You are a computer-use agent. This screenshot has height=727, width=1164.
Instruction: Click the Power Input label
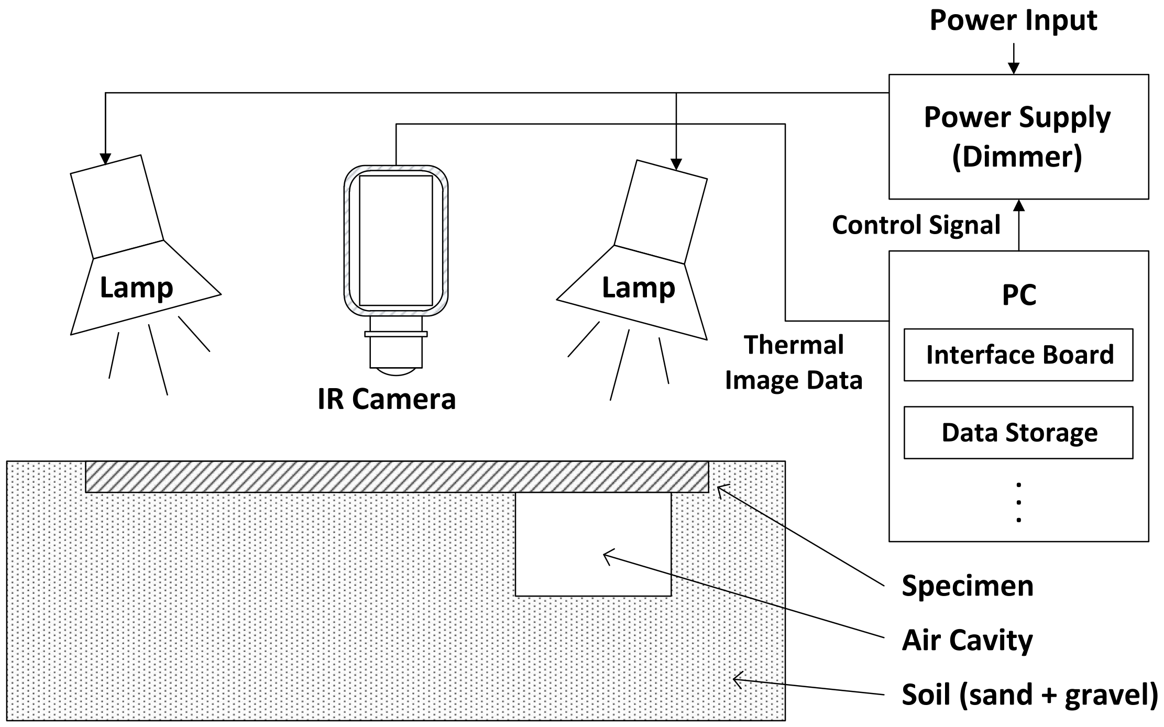(1013, 21)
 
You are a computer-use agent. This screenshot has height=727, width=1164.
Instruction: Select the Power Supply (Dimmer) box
(1018, 136)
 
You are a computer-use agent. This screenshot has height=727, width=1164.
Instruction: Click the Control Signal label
(916, 225)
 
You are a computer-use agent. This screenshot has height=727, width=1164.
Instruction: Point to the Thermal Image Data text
(794, 362)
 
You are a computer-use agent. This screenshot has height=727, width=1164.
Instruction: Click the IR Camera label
(387, 399)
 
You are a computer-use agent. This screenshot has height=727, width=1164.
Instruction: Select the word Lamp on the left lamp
(136, 288)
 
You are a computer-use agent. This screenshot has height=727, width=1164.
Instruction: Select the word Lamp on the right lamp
(638, 288)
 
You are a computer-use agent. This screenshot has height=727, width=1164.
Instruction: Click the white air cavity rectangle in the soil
(593, 545)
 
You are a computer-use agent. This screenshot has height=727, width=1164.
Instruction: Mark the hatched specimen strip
(397, 477)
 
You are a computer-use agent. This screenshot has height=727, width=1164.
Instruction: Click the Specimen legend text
(967, 586)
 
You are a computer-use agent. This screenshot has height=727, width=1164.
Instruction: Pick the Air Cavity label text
(967, 640)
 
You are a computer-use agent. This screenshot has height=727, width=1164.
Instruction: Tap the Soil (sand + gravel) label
(1029, 695)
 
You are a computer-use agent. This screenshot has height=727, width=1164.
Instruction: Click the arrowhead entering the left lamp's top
(105, 159)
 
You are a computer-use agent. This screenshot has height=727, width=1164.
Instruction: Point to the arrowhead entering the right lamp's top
(676, 164)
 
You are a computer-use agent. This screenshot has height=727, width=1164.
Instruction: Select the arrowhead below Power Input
(1014, 69)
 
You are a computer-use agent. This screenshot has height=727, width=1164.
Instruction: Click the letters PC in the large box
(1019, 295)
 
